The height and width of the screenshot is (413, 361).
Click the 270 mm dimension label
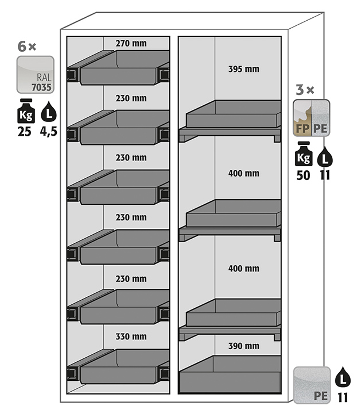coord(131,43)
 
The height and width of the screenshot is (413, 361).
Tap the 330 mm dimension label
coord(131,336)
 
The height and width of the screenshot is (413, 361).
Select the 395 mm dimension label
coord(243,69)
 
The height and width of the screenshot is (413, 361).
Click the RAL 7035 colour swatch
coord(35,75)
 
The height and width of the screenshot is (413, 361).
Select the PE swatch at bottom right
coord(312,384)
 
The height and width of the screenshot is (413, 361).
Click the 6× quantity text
coord(26,47)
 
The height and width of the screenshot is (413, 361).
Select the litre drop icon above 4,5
coord(49,110)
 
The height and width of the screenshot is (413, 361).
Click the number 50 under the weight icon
coord(303,175)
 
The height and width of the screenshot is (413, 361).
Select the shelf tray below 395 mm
coord(232,116)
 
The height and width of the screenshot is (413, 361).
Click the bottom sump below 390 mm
coord(230,377)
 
